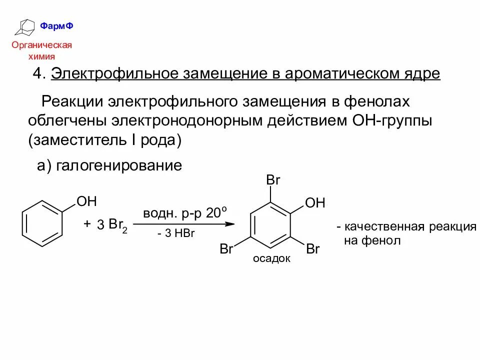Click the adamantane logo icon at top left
pyautogui.click(x=26, y=27)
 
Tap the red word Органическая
pyautogui.click(x=42, y=45)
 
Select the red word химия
pyautogui.click(x=42, y=56)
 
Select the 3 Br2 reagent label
pyautogui.click(x=112, y=225)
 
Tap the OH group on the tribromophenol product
pyautogui.click(x=315, y=202)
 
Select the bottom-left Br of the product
pyautogui.click(x=226, y=249)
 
